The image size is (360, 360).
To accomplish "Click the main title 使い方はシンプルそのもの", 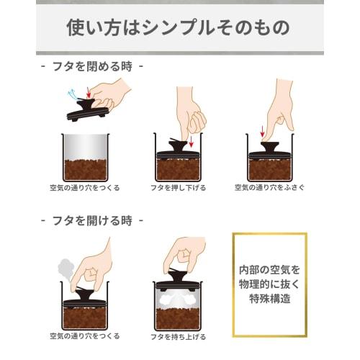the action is coord(178,28).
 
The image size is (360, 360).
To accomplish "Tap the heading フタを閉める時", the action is coord(92,66).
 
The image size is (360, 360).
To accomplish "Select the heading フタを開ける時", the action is coord(92,220).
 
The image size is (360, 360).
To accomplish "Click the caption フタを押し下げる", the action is coord(179,188).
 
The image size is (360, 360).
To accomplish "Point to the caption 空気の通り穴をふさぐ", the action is coord(269,187).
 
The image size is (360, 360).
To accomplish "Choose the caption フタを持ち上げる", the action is coord(179,337).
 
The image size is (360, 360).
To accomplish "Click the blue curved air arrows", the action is coord(73,95).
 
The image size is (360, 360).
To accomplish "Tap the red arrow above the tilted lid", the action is coord(89,92).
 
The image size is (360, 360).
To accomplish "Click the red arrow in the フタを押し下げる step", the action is coord(192,142).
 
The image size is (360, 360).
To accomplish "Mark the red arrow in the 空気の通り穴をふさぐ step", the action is coord(263,132).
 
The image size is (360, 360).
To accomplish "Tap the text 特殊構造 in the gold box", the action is coord(270,299).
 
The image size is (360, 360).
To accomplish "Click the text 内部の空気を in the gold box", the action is coord(270,270).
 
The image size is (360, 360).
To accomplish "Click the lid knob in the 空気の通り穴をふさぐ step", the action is coord(270,147).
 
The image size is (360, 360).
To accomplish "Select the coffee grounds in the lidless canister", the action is coord(86,170).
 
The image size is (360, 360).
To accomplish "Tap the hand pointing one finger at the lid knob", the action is coord(279,109).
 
